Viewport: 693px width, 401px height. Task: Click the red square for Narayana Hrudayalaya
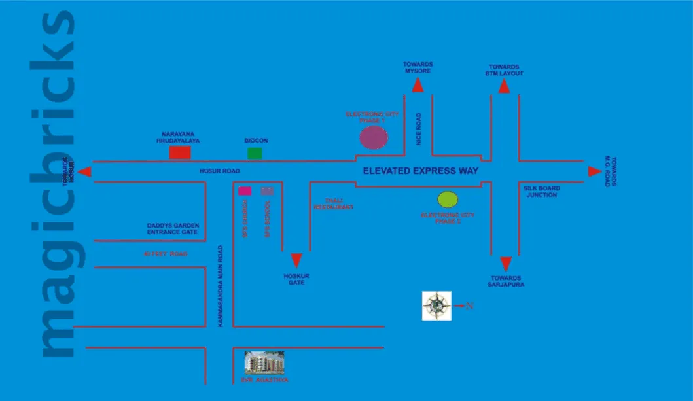click(180, 152)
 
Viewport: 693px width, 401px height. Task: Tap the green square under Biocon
click(255, 153)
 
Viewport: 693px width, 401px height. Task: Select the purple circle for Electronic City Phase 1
click(374, 137)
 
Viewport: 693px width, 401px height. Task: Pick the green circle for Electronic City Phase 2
click(448, 200)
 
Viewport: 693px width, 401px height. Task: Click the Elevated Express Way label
click(421, 171)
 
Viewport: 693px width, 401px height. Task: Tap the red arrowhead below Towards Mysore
click(418, 84)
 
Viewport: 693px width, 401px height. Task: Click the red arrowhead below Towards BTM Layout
click(504, 86)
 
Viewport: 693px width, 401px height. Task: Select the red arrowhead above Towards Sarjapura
click(505, 264)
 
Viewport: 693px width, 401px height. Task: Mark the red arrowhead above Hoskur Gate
click(296, 260)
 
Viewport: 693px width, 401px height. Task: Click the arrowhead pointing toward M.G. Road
click(594, 171)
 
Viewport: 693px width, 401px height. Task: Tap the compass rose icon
click(436, 305)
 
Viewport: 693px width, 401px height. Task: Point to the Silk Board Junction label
click(542, 192)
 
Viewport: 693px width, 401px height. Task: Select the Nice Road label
click(419, 129)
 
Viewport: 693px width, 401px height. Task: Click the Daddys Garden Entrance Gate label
click(173, 229)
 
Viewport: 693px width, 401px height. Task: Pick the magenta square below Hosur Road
click(245, 191)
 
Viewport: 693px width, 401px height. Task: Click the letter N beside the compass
click(469, 305)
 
